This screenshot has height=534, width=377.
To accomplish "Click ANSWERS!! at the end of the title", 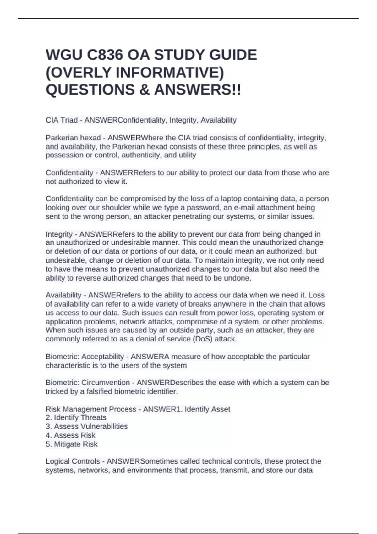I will (x=198, y=90).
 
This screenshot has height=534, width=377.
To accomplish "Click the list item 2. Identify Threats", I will (x=76, y=418).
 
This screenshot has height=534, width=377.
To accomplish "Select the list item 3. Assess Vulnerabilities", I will (x=87, y=427).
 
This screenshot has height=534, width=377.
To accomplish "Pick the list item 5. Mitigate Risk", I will (x=72, y=444).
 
